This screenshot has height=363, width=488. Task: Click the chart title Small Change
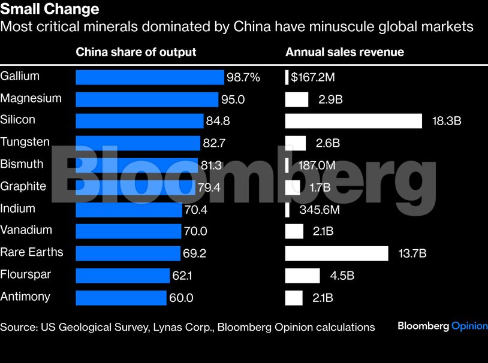(50, 10)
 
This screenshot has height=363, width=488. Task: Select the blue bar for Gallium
(149, 77)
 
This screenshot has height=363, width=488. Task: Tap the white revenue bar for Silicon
(354, 121)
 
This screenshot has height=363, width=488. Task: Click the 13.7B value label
(412, 253)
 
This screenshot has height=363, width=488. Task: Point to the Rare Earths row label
(32, 252)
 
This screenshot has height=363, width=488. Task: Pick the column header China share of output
(135, 52)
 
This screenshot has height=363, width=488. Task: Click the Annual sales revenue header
(345, 52)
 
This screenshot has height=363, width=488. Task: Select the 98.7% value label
(243, 77)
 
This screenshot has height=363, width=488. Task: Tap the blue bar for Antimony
(121, 298)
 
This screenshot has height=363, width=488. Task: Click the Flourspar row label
(26, 274)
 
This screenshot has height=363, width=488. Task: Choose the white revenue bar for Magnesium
(297, 99)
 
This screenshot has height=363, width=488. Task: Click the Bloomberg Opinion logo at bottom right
(442, 326)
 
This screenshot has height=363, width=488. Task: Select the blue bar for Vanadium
(128, 231)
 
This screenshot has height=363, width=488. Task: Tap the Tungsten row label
(25, 142)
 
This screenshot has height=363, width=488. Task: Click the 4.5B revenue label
(342, 276)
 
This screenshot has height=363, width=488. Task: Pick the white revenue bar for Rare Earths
(336, 253)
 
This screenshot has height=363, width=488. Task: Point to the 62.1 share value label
(185, 276)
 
